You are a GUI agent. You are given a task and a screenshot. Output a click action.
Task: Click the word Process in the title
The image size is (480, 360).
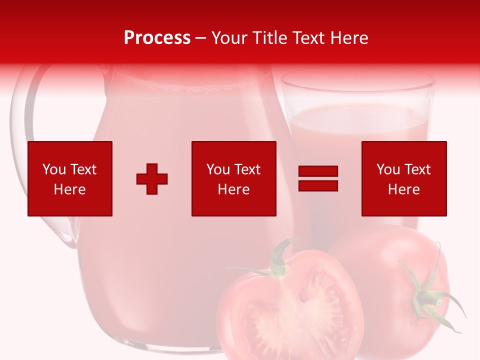tap(157, 38)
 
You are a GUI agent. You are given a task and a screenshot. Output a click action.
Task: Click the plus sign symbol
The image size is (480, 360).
tap(152, 179)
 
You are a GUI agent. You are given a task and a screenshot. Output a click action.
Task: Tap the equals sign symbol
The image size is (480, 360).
tap(318, 179)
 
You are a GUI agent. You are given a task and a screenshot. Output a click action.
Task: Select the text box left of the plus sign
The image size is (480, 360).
tap(70, 178)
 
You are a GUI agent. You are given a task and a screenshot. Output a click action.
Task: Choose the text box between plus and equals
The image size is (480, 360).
tap(233, 178)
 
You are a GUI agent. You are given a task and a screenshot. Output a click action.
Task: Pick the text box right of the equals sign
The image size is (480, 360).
tap(404, 178)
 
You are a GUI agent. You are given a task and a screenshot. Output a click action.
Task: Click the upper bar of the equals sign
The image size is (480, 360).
tap(318, 172)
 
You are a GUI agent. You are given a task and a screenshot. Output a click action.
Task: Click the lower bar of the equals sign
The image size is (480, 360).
tap(318, 185)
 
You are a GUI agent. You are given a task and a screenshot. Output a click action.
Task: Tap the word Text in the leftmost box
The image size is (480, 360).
tap(83, 169)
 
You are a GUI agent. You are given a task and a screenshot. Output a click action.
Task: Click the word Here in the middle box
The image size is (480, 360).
tap(233, 189)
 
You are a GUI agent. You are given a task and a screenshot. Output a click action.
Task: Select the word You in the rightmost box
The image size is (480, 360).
tap(387, 169)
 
